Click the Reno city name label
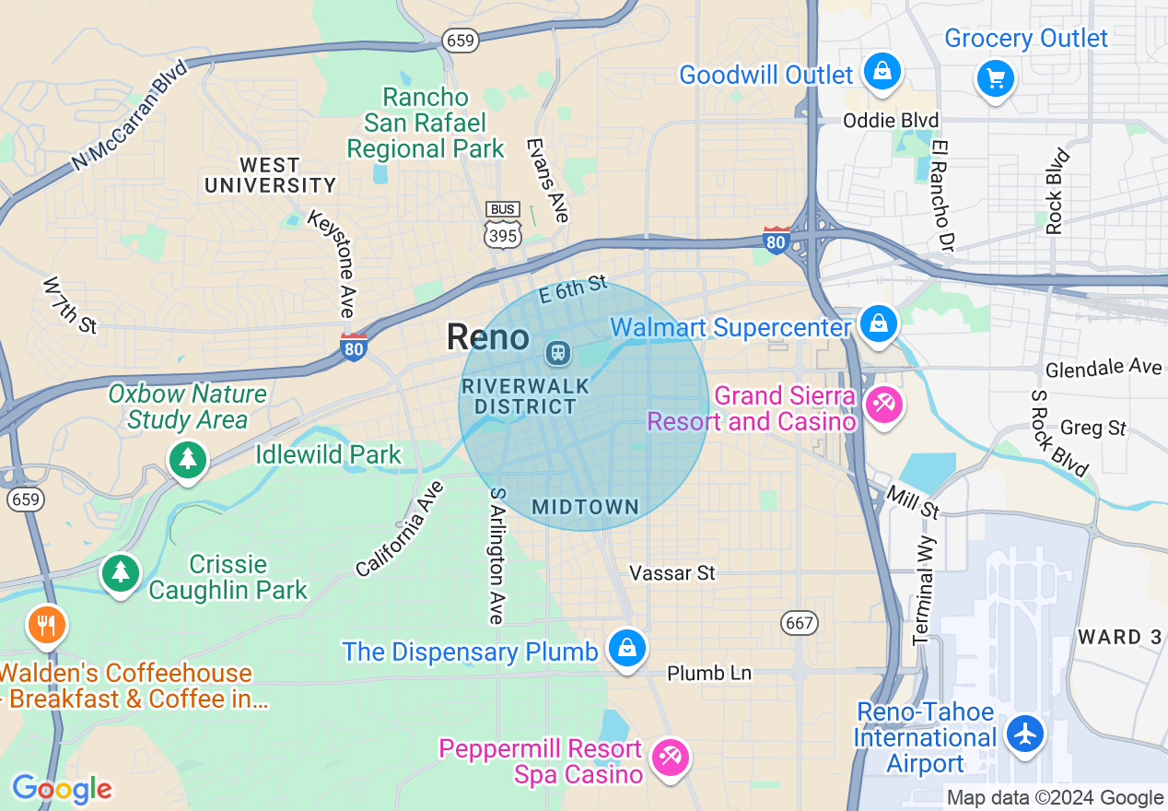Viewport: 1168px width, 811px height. (488, 337)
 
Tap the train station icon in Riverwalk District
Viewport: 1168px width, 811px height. (557, 352)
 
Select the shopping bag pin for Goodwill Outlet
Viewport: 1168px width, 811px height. (882, 71)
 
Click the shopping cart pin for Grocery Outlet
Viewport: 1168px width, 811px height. (995, 77)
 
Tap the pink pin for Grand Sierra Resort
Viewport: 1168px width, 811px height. (882, 404)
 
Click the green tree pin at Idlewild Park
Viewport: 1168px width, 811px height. (188, 458)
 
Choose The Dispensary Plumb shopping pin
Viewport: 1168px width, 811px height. (627, 648)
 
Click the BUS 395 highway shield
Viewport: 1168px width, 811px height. (502, 225)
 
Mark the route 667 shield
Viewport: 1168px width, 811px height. (799, 623)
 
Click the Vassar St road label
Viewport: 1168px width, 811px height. (672, 573)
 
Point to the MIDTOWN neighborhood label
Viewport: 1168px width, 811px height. (585, 507)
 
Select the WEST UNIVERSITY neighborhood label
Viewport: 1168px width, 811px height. (270, 175)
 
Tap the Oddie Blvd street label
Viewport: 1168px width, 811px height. (891, 121)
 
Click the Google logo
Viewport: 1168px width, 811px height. (62, 789)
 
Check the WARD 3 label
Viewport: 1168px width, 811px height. (1120, 637)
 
